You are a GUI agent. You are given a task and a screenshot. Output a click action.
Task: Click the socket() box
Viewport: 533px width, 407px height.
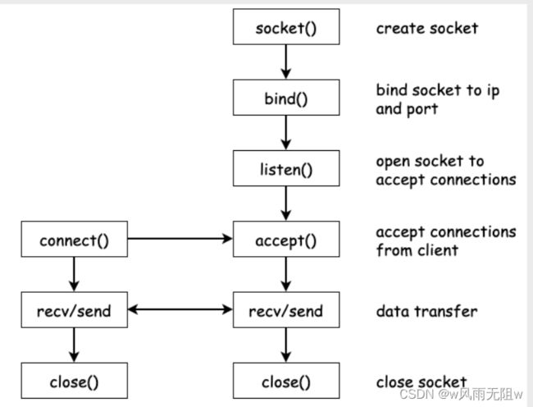286,27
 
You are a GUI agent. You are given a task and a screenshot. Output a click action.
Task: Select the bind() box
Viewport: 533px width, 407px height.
286,98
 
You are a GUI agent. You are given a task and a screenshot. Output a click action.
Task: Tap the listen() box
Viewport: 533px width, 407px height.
286,168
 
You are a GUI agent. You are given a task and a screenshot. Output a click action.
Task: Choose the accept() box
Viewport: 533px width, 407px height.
286,239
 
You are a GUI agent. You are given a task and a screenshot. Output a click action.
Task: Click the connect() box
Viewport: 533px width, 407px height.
75,239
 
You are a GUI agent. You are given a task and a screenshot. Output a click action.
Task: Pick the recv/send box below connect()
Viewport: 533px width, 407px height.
75,309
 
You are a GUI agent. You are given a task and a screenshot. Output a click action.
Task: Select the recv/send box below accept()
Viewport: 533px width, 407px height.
286,309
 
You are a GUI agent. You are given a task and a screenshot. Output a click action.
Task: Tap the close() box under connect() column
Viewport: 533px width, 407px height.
75,381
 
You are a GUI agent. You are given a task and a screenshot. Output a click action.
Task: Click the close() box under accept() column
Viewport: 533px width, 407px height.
286,381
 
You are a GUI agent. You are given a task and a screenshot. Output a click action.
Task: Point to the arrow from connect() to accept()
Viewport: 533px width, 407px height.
180,239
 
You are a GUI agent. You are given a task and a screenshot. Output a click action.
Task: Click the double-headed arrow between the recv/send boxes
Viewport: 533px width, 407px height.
180,309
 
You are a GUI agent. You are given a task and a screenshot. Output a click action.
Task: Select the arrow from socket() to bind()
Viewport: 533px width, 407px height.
286,62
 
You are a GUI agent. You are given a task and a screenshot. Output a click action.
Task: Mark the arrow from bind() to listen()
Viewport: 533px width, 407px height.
286,133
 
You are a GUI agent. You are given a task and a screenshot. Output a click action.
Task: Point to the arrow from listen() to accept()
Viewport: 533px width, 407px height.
286,203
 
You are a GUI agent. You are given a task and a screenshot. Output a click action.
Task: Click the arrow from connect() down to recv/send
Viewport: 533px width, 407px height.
74,274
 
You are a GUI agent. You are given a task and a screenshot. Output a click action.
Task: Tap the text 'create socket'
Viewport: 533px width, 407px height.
427,28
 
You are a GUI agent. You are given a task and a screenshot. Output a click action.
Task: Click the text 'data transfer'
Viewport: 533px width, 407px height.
426,312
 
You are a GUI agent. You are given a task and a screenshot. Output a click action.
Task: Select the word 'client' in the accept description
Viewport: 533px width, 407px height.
438,250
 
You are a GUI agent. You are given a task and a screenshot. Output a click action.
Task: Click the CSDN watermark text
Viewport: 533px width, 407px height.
461,394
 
